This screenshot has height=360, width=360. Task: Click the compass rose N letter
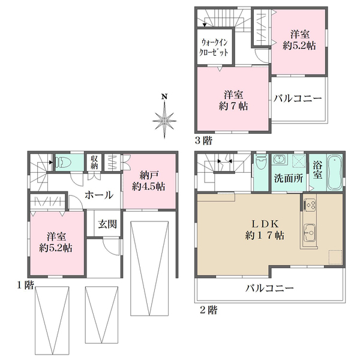coord(164,97)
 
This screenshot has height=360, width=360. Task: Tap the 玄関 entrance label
coord(107,224)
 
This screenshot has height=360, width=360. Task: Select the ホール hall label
coord(99,195)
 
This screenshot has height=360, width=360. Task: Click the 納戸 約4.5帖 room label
coord(148,181)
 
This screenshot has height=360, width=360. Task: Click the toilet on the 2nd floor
coord(260,163)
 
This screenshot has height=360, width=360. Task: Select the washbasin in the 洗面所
coord(280,159)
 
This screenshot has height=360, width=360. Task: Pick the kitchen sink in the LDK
coord(310,232)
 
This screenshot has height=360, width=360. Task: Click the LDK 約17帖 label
coord(265,230)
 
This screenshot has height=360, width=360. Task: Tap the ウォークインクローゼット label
coord(214,47)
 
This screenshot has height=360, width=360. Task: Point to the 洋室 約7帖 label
coord(233,101)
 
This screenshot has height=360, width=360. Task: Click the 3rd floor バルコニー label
coord(298,98)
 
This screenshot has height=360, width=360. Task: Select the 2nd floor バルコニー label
coord(269,288)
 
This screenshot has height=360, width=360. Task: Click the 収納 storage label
coord(94,163)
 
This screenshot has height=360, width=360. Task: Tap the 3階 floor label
coord(203,140)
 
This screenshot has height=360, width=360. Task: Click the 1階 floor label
coord(25,285)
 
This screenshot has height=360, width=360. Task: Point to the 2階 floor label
coord(208,310)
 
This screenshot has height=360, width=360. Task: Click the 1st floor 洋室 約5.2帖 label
coord(56,242)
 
